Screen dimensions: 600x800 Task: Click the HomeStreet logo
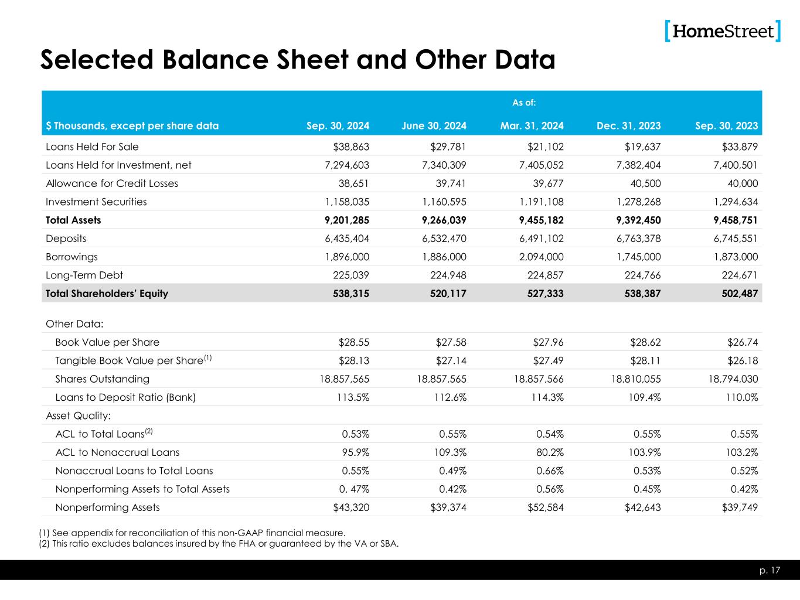tap(723, 31)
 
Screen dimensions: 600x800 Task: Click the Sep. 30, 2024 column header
tap(338, 125)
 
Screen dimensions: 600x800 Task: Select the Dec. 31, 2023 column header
tap(629, 125)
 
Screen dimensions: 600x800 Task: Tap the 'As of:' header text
tap(524, 103)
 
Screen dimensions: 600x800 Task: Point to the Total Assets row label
tap(73, 220)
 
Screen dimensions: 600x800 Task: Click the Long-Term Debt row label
tap(84, 275)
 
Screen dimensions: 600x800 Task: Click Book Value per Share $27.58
tap(448, 342)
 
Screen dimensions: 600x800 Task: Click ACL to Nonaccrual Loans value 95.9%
tap(355, 452)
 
